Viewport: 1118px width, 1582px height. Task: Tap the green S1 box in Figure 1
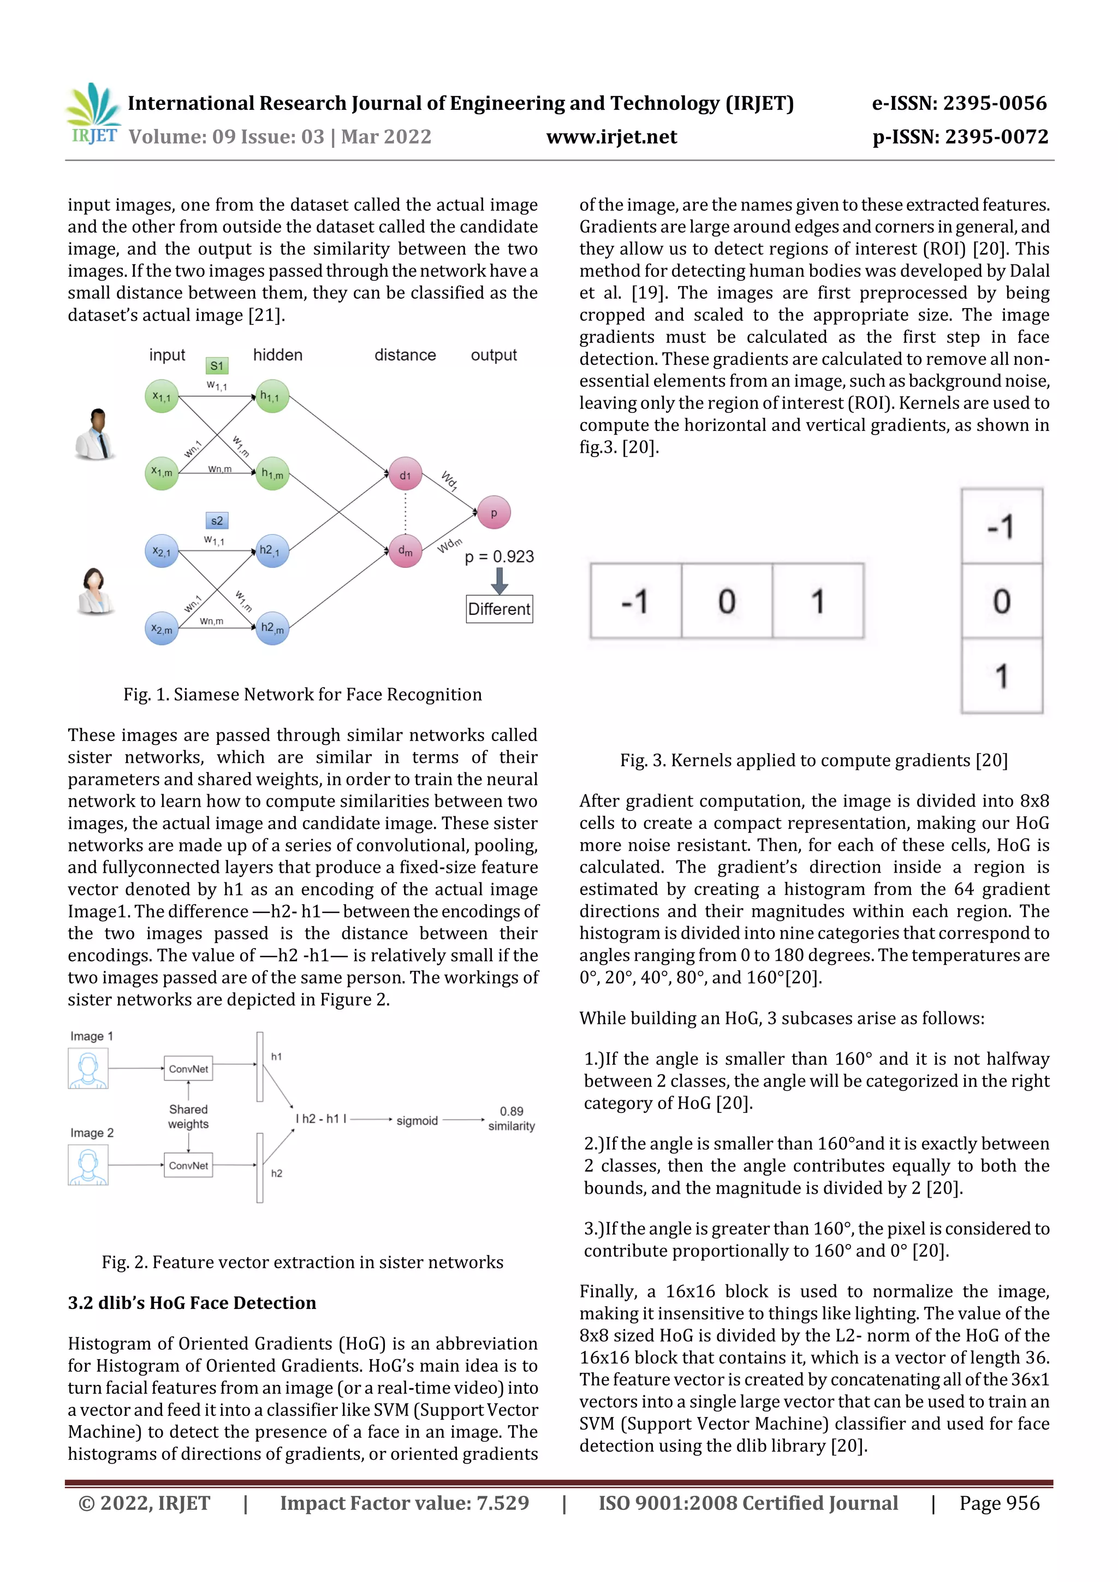(x=216, y=366)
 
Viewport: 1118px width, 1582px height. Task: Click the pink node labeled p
(x=493, y=513)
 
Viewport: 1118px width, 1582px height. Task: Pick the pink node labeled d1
(x=405, y=474)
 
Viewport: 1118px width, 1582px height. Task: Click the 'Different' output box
(x=499, y=609)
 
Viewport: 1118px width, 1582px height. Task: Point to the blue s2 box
(x=216, y=521)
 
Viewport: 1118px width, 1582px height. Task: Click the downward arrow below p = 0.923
(x=499, y=581)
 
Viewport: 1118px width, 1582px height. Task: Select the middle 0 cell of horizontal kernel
(x=727, y=601)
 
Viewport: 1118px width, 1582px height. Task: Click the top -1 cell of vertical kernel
(x=1002, y=526)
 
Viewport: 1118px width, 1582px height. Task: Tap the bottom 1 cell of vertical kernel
(x=1002, y=676)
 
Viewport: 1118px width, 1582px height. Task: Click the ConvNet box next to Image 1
(x=188, y=1069)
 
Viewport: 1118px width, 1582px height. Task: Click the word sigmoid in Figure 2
(x=417, y=1121)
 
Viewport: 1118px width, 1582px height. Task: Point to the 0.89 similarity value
(x=511, y=1111)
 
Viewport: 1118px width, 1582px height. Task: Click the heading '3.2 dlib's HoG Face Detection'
(x=192, y=1303)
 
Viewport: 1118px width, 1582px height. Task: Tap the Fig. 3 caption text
(x=813, y=760)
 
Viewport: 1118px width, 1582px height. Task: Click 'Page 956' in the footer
(x=999, y=1503)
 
